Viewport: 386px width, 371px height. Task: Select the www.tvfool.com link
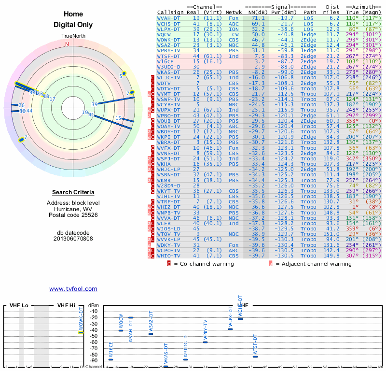click(73, 289)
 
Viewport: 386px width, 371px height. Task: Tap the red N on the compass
click(67, 44)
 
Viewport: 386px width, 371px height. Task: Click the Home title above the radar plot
click(73, 14)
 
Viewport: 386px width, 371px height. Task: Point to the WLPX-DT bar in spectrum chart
click(231, 329)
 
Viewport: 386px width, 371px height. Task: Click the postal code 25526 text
click(73, 215)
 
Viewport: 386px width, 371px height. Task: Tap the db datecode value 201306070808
click(73, 238)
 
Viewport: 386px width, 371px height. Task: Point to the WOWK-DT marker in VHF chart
click(81, 332)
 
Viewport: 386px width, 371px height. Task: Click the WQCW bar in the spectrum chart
click(121, 330)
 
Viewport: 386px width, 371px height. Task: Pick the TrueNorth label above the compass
click(73, 37)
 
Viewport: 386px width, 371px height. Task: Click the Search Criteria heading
click(73, 192)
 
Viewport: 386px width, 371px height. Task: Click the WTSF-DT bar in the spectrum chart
click(255, 357)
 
